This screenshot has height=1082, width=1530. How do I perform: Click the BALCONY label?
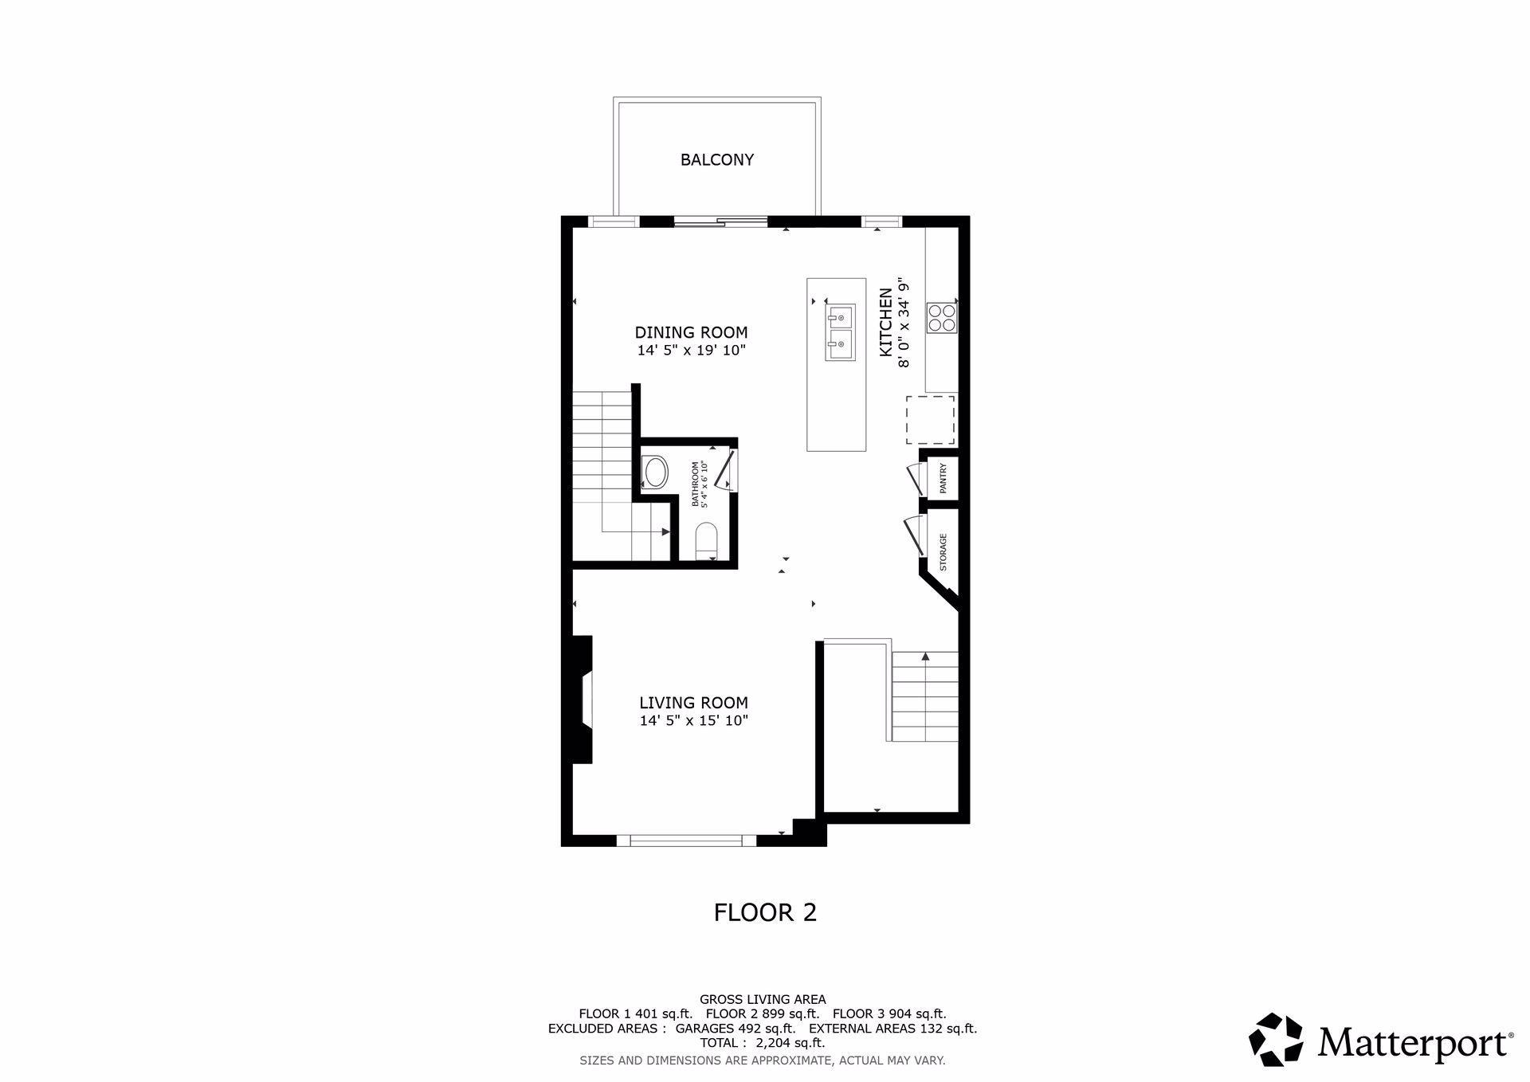point(716,159)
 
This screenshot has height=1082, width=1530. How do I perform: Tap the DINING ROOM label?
point(691,332)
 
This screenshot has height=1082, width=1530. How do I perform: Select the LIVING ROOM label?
point(693,703)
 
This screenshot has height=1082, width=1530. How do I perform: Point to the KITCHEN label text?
point(885,322)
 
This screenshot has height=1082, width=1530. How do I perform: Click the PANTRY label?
point(943,479)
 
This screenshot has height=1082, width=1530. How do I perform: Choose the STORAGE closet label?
point(943,552)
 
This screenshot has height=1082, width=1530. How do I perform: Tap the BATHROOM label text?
point(696,484)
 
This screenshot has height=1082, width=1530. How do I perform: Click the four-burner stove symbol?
point(941,318)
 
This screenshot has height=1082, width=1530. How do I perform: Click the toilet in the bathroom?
point(707,541)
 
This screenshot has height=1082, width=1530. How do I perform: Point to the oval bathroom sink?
point(656,472)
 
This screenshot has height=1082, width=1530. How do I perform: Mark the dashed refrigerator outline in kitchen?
point(930,420)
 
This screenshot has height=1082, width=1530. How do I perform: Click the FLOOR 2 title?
point(765,912)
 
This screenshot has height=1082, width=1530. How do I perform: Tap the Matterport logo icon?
point(1276,1039)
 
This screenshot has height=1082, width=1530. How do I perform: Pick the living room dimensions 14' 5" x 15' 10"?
point(694,721)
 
